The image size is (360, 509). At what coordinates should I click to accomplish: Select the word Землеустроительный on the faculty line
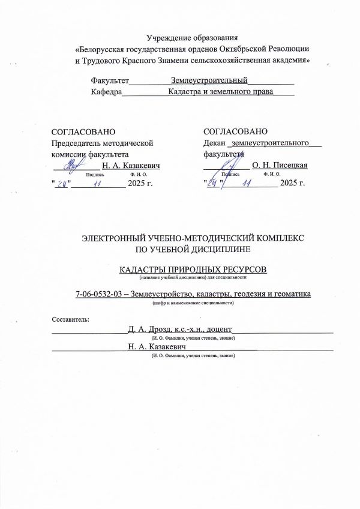[209, 80]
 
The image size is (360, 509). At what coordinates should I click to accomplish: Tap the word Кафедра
[106, 92]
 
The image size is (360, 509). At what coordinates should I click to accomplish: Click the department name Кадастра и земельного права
[221, 92]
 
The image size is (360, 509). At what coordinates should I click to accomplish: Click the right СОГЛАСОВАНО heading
[233, 131]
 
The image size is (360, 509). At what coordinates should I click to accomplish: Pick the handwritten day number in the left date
[61, 182]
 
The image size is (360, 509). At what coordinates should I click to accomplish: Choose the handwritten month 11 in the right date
[245, 182]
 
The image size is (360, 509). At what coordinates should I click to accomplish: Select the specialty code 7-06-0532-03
[100, 294]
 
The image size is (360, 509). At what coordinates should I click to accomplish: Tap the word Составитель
[70, 318]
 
